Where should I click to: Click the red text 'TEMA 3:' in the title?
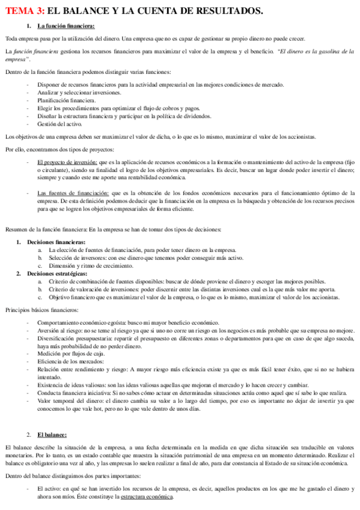pyautogui.click(x=24, y=11)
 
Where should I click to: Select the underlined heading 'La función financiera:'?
pyautogui.click(x=66, y=26)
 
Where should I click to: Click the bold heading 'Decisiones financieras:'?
pyautogui.click(x=56, y=242)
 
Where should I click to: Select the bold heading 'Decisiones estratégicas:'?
pyautogui.click(x=57, y=274)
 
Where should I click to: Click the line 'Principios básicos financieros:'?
pyautogui.click(x=41, y=310)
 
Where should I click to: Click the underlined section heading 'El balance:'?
pyautogui.click(x=52, y=434)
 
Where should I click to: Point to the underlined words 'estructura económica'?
pyautogui.click(x=147, y=497)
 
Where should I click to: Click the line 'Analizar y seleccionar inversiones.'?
pyautogui.click(x=79, y=93)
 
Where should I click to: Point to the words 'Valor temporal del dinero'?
pyautogui.click(x=70, y=400)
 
